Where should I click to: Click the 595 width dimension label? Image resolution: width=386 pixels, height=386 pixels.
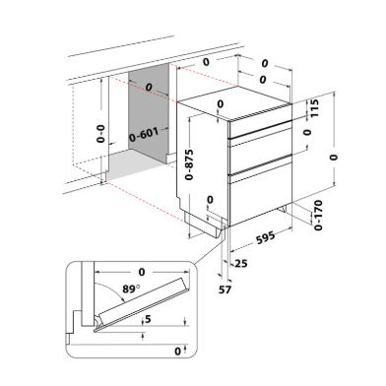[265, 237]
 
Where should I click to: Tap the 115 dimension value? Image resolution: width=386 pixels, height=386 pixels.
[314, 108]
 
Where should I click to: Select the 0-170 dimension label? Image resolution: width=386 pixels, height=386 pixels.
[318, 216]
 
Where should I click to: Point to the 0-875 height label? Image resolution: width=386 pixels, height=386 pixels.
[189, 164]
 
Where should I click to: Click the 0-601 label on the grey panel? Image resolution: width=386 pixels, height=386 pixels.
[144, 135]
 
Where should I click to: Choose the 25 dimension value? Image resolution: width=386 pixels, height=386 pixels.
[241, 263]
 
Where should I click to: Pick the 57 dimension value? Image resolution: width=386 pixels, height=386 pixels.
[225, 289]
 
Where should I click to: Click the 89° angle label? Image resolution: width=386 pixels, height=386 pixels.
[131, 289]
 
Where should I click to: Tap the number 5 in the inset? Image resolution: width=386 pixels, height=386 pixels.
[148, 318]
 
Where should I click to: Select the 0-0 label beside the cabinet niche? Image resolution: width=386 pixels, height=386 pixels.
[100, 134]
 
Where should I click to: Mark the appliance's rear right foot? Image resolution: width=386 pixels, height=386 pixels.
[284, 209]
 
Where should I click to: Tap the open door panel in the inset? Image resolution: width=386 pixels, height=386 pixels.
[143, 304]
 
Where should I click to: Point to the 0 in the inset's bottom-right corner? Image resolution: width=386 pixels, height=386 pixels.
[177, 352]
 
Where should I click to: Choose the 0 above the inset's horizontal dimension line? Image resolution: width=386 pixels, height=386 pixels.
[142, 272]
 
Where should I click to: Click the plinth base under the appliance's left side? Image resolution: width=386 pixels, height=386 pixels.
[203, 225]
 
